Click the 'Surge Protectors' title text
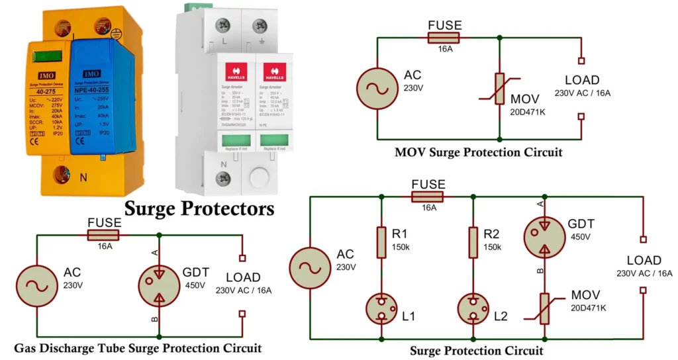click(199, 208)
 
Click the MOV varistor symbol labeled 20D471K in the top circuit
click(499, 89)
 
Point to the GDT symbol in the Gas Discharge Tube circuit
click(159, 286)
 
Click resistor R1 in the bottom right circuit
click(381, 242)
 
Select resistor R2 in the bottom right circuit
click(473, 242)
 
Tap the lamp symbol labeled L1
click(381, 308)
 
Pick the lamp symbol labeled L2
click(473, 308)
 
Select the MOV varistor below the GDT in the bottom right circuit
click(544, 308)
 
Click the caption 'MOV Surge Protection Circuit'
click(478, 152)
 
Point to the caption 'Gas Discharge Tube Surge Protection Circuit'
click(138, 348)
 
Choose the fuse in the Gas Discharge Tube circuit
click(103, 235)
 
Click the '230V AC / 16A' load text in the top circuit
click(583, 93)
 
